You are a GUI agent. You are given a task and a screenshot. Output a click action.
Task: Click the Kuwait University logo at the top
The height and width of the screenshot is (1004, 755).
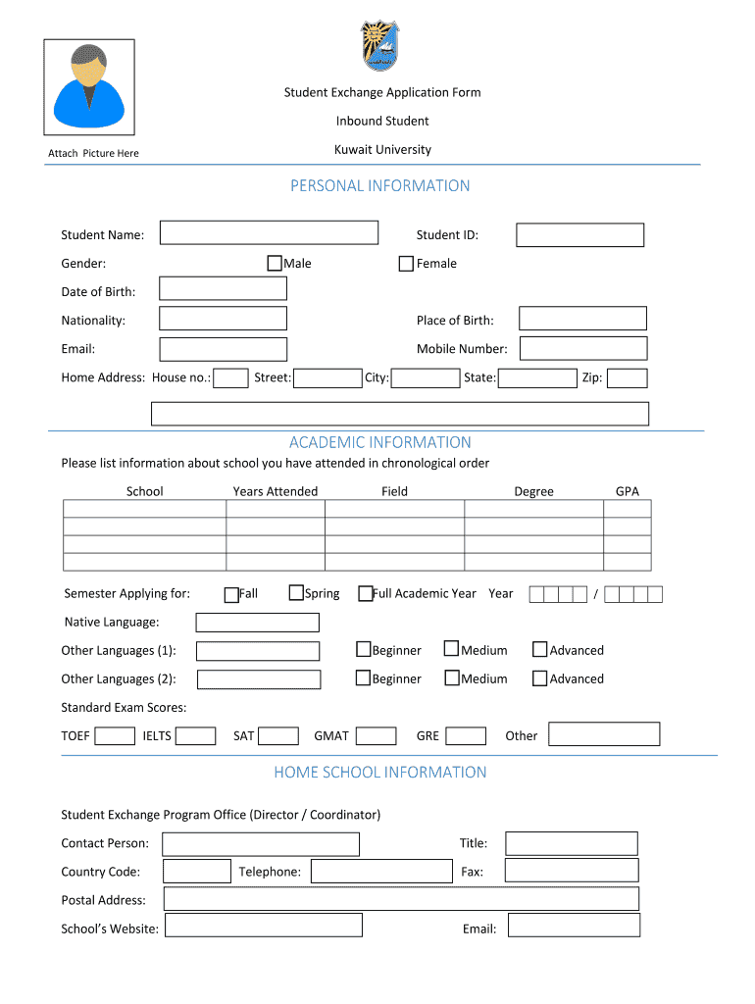click(x=380, y=45)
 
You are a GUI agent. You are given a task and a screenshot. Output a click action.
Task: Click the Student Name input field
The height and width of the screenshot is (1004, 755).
click(x=269, y=232)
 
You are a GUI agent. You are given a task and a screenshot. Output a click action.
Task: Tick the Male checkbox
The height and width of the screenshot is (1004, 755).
click(x=275, y=263)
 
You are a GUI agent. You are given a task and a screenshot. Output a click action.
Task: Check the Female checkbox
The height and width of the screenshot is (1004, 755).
click(x=406, y=263)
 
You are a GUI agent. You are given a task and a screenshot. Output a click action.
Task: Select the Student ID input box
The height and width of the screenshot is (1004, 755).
click(x=579, y=234)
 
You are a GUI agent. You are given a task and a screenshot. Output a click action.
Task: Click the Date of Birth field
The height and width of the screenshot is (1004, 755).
click(x=223, y=288)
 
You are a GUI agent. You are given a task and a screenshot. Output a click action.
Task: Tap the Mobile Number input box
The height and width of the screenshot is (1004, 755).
click(x=582, y=348)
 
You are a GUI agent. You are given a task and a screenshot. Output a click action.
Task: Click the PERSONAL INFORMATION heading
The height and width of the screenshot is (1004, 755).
click(x=380, y=185)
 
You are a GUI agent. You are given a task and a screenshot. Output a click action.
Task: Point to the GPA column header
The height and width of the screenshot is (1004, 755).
click(x=627, y=491)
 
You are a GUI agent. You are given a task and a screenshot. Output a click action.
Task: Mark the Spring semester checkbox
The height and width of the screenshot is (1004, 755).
click(x=296, y=592)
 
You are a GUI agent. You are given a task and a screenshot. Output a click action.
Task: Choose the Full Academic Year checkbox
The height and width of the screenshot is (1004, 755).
click(x=365, y=593)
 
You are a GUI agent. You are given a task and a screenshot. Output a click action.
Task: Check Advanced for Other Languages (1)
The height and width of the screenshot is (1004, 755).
click(x=539, y=649)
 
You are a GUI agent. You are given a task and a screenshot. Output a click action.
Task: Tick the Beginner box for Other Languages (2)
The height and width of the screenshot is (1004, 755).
click(x=363, y=678)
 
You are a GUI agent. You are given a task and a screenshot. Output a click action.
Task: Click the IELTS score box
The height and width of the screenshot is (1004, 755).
click(x=195, y=735)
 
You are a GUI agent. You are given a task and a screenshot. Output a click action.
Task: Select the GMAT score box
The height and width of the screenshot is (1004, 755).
click(x=376, y=735)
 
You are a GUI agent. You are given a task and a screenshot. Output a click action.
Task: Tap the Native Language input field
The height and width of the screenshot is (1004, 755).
click(x=257, y=622)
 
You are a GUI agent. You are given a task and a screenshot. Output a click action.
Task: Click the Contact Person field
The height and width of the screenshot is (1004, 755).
click(x=260, y=843)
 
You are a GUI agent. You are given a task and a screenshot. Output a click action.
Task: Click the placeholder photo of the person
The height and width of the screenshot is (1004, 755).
click(x=88, y=86)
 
